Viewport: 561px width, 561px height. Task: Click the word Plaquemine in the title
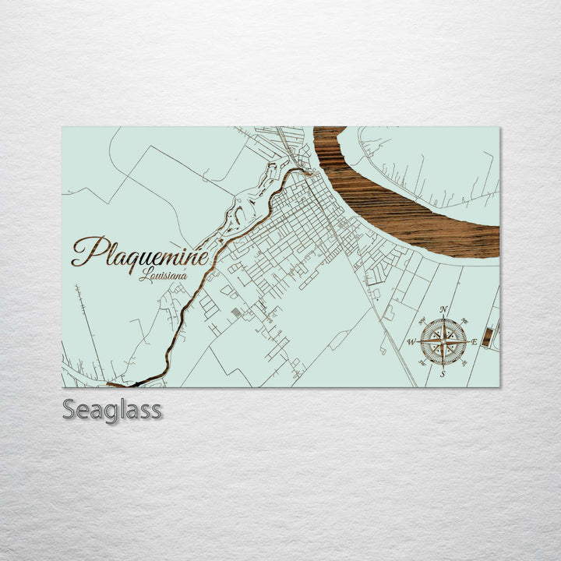pyautogui.click(x=140, y=252)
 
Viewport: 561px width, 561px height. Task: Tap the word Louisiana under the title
pyautogui.click(x=163, y=275)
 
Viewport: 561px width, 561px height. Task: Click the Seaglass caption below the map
pyautogui.click(x=112, y=410)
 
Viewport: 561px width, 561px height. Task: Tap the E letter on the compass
pyautogui.click(x=475, y=342)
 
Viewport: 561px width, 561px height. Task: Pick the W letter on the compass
pyautogui.click(x=411, y=342)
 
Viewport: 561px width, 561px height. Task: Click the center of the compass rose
pyautogui.click(x=443, y=342)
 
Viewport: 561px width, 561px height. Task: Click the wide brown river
pyautogui.click(x=405, y=210)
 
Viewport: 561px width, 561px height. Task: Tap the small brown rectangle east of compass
pyautogui.click(x=488, y=337)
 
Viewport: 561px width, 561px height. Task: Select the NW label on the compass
pyautogui.click(x=421, y=320)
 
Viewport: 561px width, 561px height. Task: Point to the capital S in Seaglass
pyautogui.click(x=70, y=410)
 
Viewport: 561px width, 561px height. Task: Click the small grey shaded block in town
pyautogui.click(x=237, y=312)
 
